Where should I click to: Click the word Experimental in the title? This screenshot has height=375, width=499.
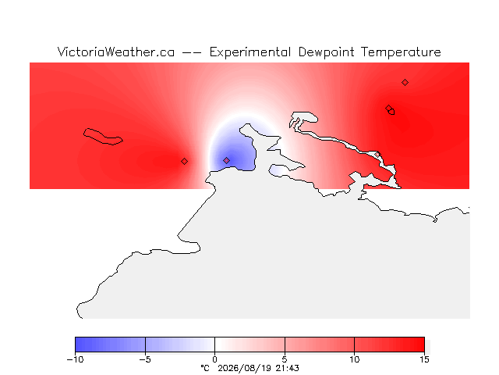[250, 52]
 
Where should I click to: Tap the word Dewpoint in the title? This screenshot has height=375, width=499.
[326, 52]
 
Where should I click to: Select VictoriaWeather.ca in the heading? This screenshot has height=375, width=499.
[116, 52]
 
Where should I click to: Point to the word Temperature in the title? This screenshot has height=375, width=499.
[401, 52]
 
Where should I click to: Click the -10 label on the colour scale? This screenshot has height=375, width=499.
[75, 359]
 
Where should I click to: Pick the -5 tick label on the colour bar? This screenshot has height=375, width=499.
[145, 359]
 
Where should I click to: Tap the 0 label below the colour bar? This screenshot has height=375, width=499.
[215, 359]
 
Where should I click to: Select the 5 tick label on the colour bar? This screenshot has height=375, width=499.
[285, 359]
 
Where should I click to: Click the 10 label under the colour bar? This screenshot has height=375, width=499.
[354, 359]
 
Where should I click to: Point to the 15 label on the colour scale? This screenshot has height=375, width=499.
[424, 359]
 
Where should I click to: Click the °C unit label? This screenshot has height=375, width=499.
[205, 368]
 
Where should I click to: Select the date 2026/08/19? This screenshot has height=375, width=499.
[245, 368]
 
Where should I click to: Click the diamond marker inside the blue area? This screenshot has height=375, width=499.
[226, 160]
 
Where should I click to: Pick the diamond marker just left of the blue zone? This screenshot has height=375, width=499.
[184, 162]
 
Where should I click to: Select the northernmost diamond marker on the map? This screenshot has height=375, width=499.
[405, 83]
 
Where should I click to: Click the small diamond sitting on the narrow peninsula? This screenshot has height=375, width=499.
[377, 155]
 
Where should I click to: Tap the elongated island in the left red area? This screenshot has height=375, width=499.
[103, 137]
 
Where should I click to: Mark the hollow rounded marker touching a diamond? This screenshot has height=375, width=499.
[391, 112]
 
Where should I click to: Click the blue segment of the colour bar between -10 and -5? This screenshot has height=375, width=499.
[110, 345]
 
